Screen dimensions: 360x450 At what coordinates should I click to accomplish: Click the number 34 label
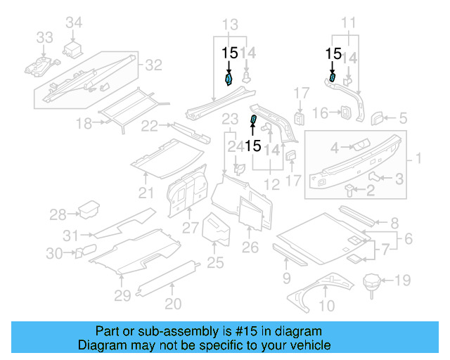(x=74, y=24)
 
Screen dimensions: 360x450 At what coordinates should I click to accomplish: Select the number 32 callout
(x=153, y=65)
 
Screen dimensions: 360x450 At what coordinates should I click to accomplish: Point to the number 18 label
(x=84, y=124)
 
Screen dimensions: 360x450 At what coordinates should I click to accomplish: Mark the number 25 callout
(x=215, y=263)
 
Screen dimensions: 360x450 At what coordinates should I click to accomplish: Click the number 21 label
(x=146, y=193)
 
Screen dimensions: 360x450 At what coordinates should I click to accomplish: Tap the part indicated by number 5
(x=377, y=117)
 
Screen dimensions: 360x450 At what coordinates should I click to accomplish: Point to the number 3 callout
(x=398, y=179)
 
